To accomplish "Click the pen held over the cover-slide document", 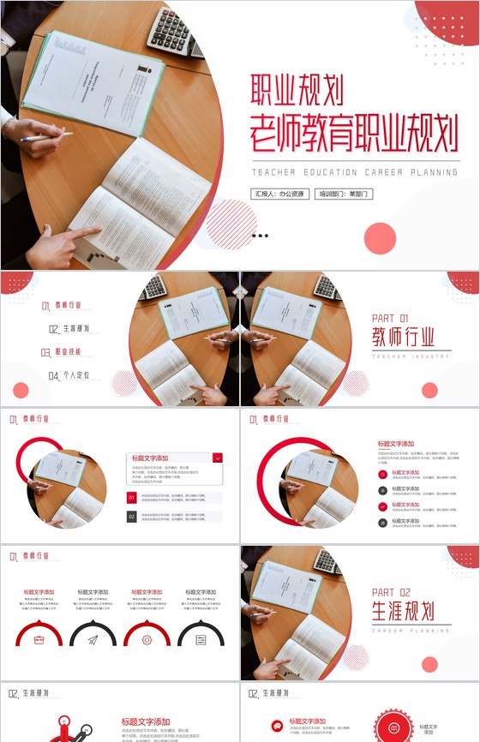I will (x=46, y=137).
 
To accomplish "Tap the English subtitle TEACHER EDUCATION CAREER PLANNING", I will (x=355, y=172).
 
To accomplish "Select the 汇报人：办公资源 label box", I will (x=279, y=194).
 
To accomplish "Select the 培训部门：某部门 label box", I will (x=344, y=194).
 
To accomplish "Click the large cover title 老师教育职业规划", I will (x=353, y=133).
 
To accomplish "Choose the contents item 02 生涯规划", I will (x=69, y=328).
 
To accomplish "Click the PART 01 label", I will (x=390, y=318).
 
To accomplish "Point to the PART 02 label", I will (x=392, y=592).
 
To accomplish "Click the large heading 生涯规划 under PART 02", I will (x=403, y=611).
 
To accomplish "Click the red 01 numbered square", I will (x=132, y=497).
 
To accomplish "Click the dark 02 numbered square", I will (x=132, y=517).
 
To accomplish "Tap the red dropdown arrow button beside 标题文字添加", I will (x=218, y=458).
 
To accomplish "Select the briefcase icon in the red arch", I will (x=39, y=639).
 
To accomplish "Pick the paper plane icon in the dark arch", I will (x=93, y=639).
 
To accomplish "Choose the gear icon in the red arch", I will (x=147, y=639).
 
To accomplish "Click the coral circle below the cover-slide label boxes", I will (x=380, y=237).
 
